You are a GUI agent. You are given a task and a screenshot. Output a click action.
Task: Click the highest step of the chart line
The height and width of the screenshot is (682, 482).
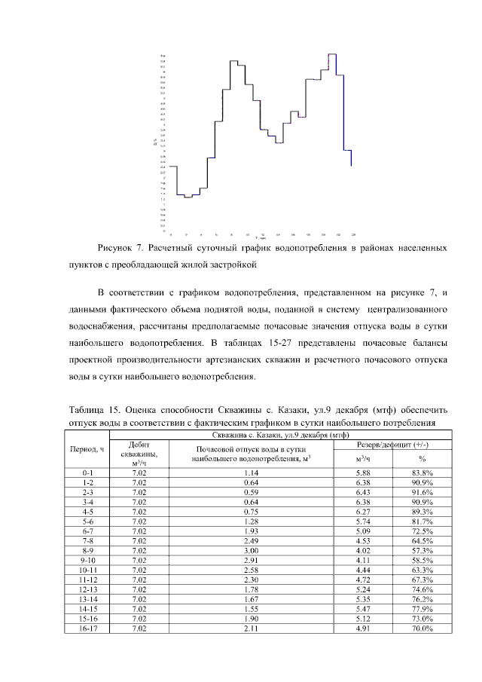(331, 54)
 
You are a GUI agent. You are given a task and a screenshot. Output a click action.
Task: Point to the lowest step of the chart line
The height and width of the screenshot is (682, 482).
(188, 197)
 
